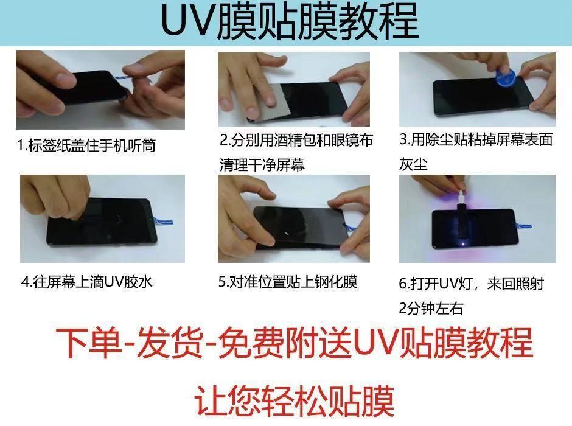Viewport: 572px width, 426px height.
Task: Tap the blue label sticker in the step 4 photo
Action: pyautogui.click(x=163, y=221)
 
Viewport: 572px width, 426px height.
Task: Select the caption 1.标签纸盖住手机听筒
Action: pyautogui.click(x=86, y=145)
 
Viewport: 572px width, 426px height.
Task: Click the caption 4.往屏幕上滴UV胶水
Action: pyautogui.click(x=86, y=282)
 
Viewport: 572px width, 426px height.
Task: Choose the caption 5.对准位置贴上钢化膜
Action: pyautogui.click(x=288, y=282)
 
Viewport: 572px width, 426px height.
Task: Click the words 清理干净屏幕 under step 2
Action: pyautogui.click(x=262, y=164)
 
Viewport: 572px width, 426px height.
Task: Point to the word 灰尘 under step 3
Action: pyautogui.click(x=413, y=164)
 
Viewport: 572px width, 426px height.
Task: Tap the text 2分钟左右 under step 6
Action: pyautogui.click(x=431, y=309)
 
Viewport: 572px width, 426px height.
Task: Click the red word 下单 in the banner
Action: pyautogui.click(x=89, y=343)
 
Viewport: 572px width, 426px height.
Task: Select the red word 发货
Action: pyautogui.click(x=170, y=343)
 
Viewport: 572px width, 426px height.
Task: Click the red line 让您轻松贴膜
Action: pyautogui.click(x=294, y=400)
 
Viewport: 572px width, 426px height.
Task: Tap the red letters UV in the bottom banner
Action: pyautogui.click(x=376, y=342)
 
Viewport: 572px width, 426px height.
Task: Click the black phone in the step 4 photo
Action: pyautogui.click(x=102, y=223)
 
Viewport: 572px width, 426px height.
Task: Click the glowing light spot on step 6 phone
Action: pyautogui.click(x=463, y=243)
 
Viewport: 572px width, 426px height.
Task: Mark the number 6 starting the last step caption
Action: pyautogui.click(x=402, y=284)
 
